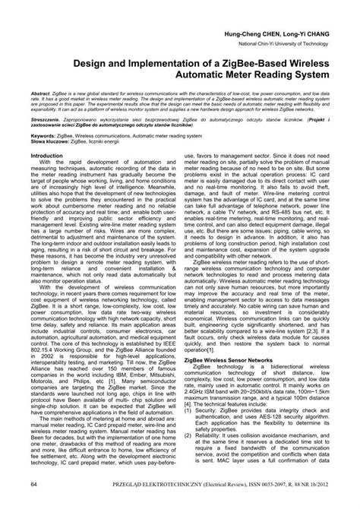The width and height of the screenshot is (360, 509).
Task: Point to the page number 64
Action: [x=34, y=484]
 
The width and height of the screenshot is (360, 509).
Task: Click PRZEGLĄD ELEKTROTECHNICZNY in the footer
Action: [x=137, y=484]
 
